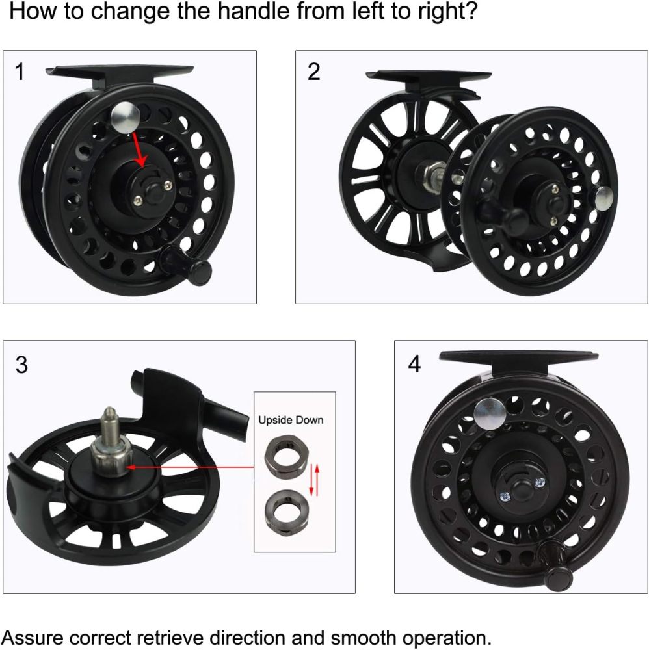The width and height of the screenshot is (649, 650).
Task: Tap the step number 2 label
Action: click(x=313, y=72)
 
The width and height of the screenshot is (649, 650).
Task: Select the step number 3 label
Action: click(x=21, y=365)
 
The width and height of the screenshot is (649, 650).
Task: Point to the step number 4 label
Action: click(x=414, y=365)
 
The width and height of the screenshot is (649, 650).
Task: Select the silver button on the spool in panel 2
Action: click(x=603, y=195)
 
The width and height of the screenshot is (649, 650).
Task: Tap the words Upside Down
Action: click(x=291, y=420)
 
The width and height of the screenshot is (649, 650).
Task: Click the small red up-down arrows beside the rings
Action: click(x=315, y=479)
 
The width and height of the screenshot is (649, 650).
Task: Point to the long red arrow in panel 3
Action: click(x=189, y=466)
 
